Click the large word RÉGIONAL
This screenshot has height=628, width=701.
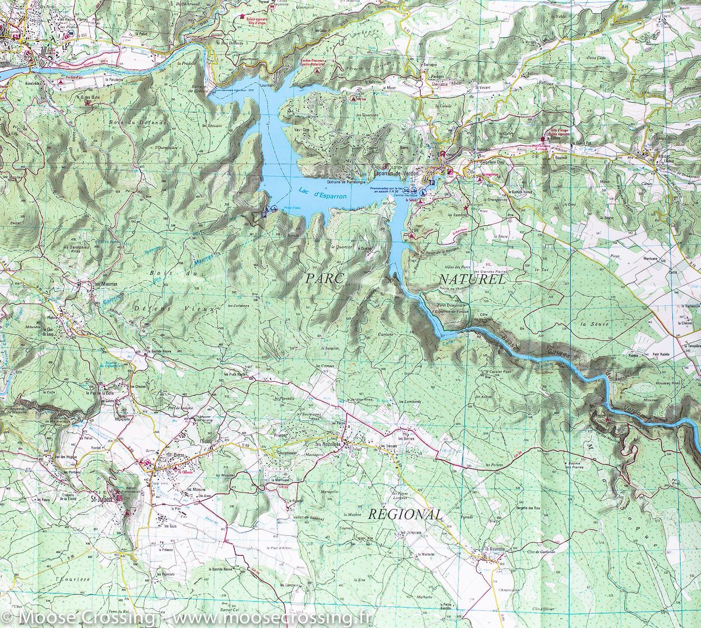coord(405,514)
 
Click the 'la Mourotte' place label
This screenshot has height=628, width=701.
coord(493,550)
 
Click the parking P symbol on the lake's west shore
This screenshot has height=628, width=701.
coord(264,214)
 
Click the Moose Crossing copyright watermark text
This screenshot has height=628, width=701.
coord(187,616)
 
